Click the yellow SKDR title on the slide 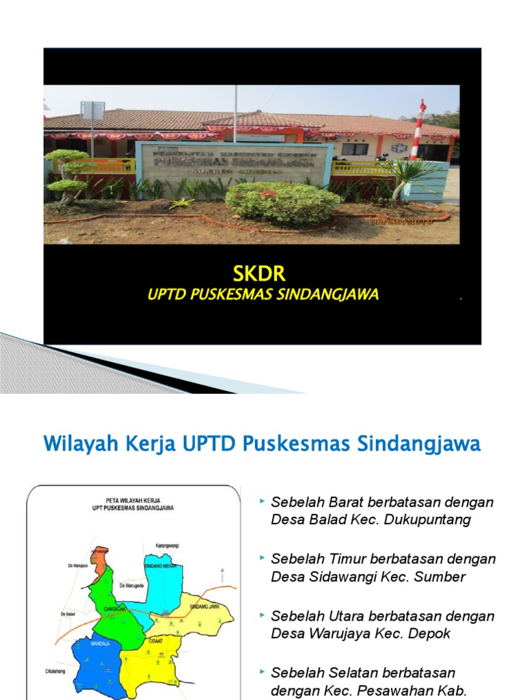[259, 274]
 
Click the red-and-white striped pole [416, 129]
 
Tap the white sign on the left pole [92, 110]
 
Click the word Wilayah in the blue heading [75, 444]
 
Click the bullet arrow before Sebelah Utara [262, 615]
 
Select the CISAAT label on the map [155, 641]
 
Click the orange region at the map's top [99, 562]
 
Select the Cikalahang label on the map [53, 671]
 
